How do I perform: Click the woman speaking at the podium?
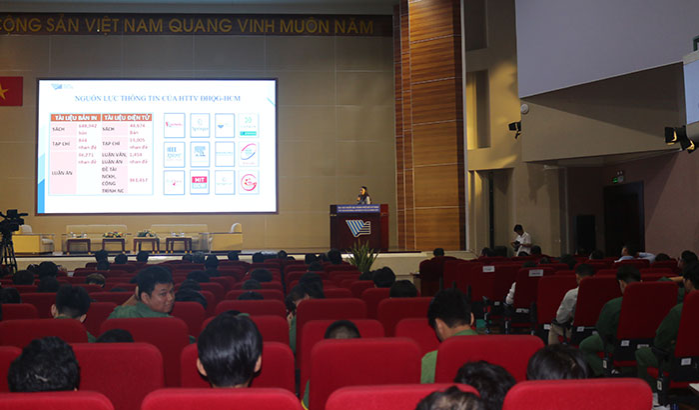364,195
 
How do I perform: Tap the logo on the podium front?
357,228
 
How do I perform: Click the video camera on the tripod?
11,221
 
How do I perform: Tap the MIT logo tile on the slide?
200,182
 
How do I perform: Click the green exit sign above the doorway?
618,177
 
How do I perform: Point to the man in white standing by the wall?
522,240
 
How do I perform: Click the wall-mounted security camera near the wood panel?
514,127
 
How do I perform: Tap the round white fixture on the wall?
523,108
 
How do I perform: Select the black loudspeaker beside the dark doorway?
585,233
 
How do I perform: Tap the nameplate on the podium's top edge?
358,208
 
